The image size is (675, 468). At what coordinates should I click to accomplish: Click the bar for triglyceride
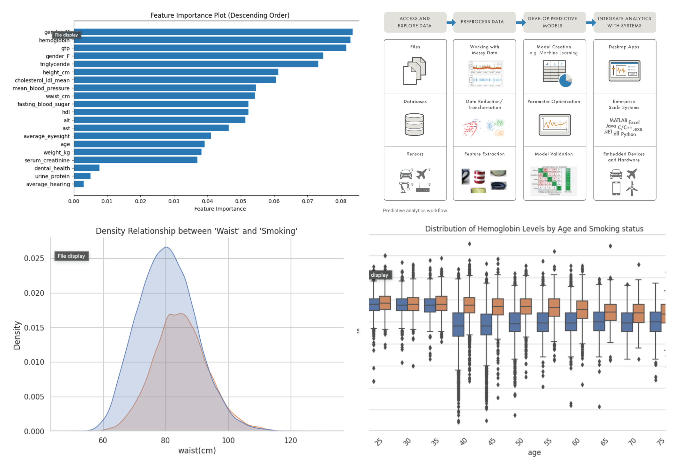196,64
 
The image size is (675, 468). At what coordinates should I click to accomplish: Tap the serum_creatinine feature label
47,160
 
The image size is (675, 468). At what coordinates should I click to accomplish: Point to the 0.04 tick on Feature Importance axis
207,201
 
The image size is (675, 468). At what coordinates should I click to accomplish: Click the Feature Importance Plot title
220,15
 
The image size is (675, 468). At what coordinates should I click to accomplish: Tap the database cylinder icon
414,124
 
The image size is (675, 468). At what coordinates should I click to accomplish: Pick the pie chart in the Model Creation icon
565,80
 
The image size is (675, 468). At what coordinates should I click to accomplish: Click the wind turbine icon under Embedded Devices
632,188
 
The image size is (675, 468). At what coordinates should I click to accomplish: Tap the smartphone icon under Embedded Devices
616,188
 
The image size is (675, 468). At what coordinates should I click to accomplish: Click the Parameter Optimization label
553,101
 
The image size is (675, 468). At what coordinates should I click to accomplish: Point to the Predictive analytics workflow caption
415,211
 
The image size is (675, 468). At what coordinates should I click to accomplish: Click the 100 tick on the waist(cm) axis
228,440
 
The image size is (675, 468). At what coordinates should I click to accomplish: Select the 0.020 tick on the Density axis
34,293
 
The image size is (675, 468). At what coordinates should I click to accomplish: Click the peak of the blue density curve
166,247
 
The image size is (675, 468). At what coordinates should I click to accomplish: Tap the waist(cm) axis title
197,450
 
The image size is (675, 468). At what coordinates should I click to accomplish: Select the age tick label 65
604,442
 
